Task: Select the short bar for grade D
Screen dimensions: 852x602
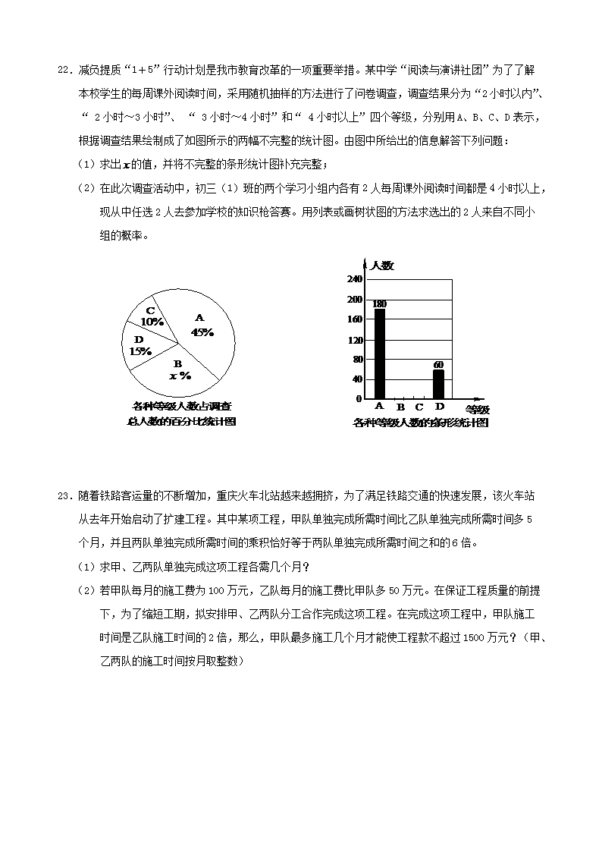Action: point(438,384)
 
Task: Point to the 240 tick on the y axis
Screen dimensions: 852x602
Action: point(354,279)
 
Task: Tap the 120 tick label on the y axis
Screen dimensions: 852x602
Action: point(354,339)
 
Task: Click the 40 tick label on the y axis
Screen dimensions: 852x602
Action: point(356,379)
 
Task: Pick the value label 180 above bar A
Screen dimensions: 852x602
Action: point(379,303)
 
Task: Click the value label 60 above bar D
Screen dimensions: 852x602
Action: point(438,365)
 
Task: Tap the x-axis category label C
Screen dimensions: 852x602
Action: point(419,407)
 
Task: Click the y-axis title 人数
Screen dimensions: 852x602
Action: point(382,266)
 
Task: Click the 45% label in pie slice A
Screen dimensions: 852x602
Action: point(202,332)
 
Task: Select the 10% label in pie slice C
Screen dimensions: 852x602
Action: point(152,321)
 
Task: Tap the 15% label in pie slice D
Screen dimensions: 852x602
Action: point(140,351)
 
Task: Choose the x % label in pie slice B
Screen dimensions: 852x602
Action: point(179,375)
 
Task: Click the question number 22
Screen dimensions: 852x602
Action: point(64,71)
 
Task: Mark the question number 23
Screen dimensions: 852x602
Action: point(64,496)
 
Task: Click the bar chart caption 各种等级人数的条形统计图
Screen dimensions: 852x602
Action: point(420,423)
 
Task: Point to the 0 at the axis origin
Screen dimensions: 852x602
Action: point(359,398)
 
